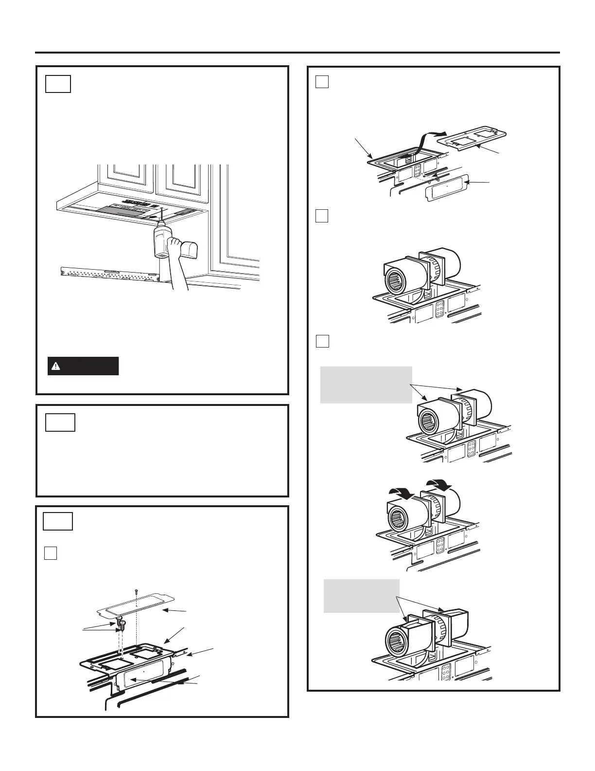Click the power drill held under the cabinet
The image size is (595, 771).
(x=160, y=240)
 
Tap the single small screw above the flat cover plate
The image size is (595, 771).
(x=137, y=590)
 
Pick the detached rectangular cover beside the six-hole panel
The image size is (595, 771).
(x=447, y=186)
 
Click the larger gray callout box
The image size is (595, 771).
(x=366, y=385)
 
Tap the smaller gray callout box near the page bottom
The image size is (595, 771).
(x=362, y=596)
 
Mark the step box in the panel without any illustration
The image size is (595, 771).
(x=61, y=422)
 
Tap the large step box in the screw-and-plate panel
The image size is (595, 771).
(x=58, y=521)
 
